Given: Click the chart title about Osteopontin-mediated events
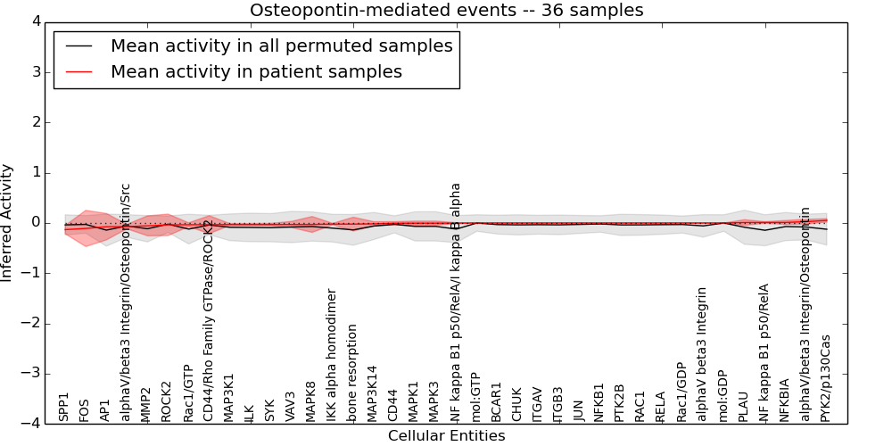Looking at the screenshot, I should [x=446, y=11].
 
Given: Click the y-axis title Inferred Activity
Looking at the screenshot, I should [x=8, y=223].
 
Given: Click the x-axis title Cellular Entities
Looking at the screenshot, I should [x=446, y=436].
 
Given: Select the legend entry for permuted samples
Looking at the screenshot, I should [x=281, y=45].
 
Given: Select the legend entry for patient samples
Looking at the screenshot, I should [x=256, y=71].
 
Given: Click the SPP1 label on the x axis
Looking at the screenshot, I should [x=63, y=407].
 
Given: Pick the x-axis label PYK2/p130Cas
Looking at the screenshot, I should [x=825, y=378].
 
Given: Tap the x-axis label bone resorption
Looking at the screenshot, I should [x=352, y=373].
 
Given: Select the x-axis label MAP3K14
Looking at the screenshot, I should [x=373, y=393].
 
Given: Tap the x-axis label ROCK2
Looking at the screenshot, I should [x=166, y=401].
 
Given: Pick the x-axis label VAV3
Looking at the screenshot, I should [x=290, y=406].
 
